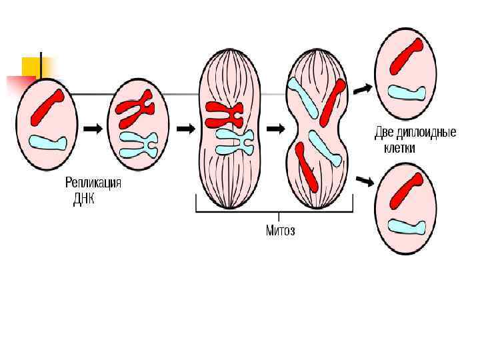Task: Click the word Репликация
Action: [93, 183]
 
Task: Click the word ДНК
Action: [84, 199]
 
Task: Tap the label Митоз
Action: [280, 231]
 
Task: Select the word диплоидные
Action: [426, 133]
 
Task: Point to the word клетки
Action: [399, 148]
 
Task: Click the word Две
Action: [385, 133]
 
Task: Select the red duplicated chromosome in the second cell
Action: [135, 110]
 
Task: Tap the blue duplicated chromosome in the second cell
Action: [138, 143]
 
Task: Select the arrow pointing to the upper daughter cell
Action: [363, 87]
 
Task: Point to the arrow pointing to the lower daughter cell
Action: [364, 180]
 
